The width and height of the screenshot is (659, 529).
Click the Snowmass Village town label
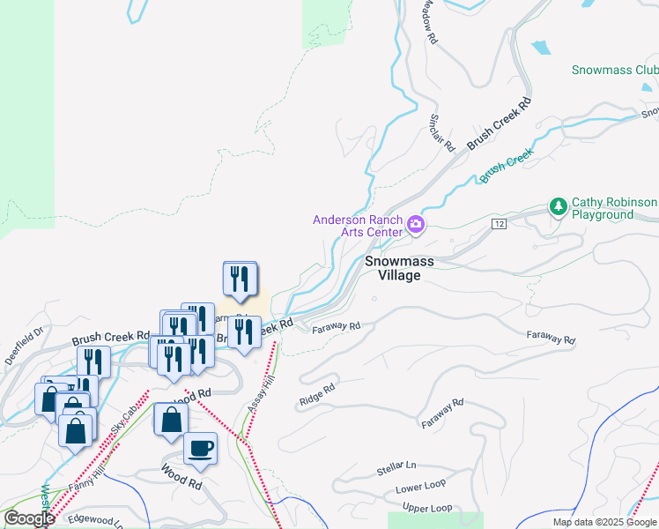pyautogui.click(x=394, y=268)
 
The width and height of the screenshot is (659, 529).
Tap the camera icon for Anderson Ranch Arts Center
pyautogui.click(x=417, y=227)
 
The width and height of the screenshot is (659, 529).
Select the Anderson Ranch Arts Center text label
pyautogui.click(x=359, y=226)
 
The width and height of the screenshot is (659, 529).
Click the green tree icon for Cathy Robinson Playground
pyautogui.click(x=558, y=207)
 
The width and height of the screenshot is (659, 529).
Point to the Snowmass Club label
pyautogui.click(x=614, y=70)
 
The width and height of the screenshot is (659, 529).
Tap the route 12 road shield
pyautogui.click(x=500, y=225)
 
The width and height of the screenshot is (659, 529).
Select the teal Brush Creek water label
pyautogui.click(x=507, y=166)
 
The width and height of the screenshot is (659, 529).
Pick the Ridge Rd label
pyautogui.click(x=318, y=394)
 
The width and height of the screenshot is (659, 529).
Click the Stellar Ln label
pyautogui.click(x=396, y=466)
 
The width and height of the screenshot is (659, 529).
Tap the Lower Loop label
pyautogui.click(x=420, y=487)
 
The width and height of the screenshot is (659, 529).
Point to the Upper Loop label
pyautogui.click(x=426, y=509)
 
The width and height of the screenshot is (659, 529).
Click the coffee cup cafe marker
pyautogui.click(x=200, y=447)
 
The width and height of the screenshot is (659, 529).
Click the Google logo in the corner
pyautogui.click(x=29, y=518)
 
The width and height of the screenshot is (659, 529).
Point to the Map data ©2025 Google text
pyautogui.click(x=604, y=522)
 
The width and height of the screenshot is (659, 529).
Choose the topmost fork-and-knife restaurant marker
pyautogui.click(x=240, y=279)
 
